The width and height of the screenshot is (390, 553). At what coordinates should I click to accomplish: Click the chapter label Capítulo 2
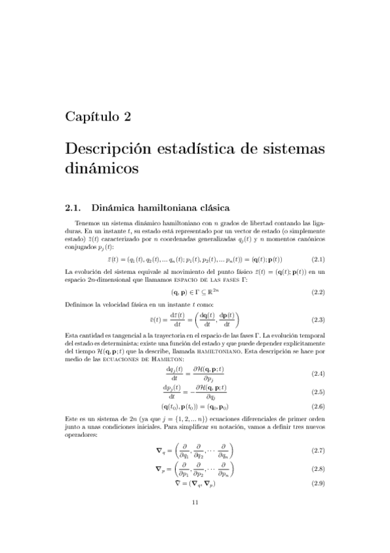(x=98, y=117)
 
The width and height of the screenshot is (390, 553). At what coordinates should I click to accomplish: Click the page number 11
(x=195, y=502)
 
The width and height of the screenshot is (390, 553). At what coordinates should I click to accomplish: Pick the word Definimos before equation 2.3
(x=80, y=304)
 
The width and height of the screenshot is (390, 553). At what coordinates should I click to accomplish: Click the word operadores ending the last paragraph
(x=82, y=436)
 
